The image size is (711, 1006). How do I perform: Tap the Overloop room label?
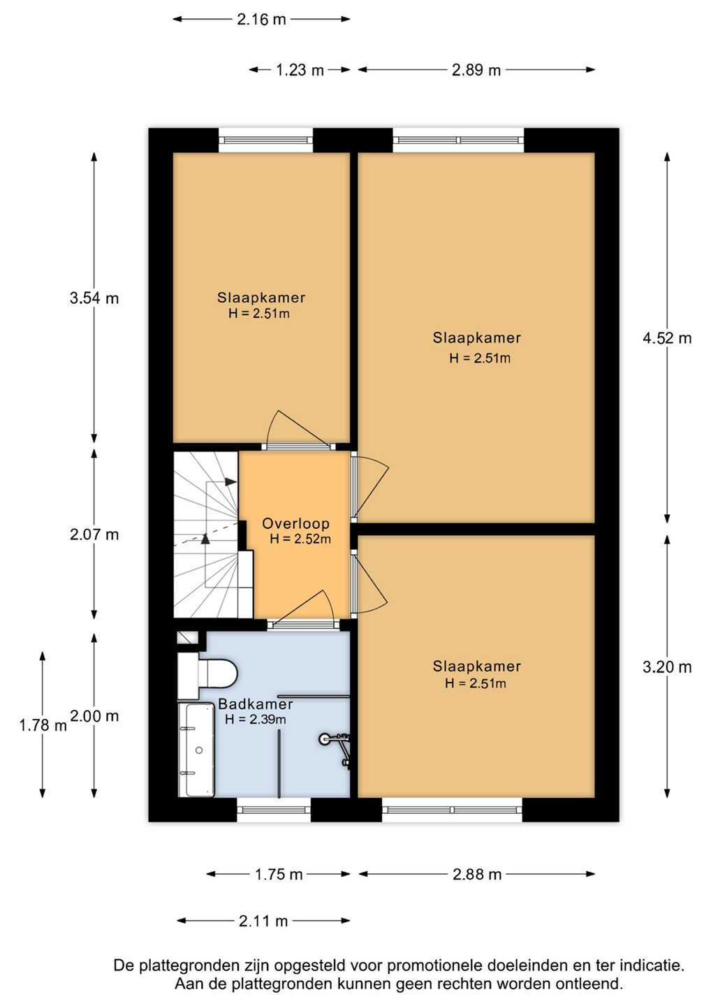[296, 523]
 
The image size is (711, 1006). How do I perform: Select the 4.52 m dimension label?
[667, 338]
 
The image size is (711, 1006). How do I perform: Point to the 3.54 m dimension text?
[94, 298]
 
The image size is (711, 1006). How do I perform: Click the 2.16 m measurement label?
[261, 20]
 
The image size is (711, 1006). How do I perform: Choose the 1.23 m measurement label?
[300, 70]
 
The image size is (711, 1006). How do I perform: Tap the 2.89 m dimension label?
[476, 70]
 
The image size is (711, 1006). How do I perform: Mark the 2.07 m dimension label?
[94, 534]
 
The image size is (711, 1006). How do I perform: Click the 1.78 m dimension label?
[43, 725]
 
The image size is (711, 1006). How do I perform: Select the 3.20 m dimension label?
[667, 667]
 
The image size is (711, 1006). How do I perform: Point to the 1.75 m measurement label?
[279, 875]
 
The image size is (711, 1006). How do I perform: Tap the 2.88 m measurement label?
[477, 875]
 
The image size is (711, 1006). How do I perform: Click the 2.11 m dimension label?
[263, 921]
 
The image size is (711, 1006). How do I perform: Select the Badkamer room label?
[256, 704]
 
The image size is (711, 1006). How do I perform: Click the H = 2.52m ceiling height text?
[300, 539]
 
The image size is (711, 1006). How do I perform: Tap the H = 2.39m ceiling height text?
[256, 720]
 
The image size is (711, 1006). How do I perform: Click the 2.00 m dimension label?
[94, 716]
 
